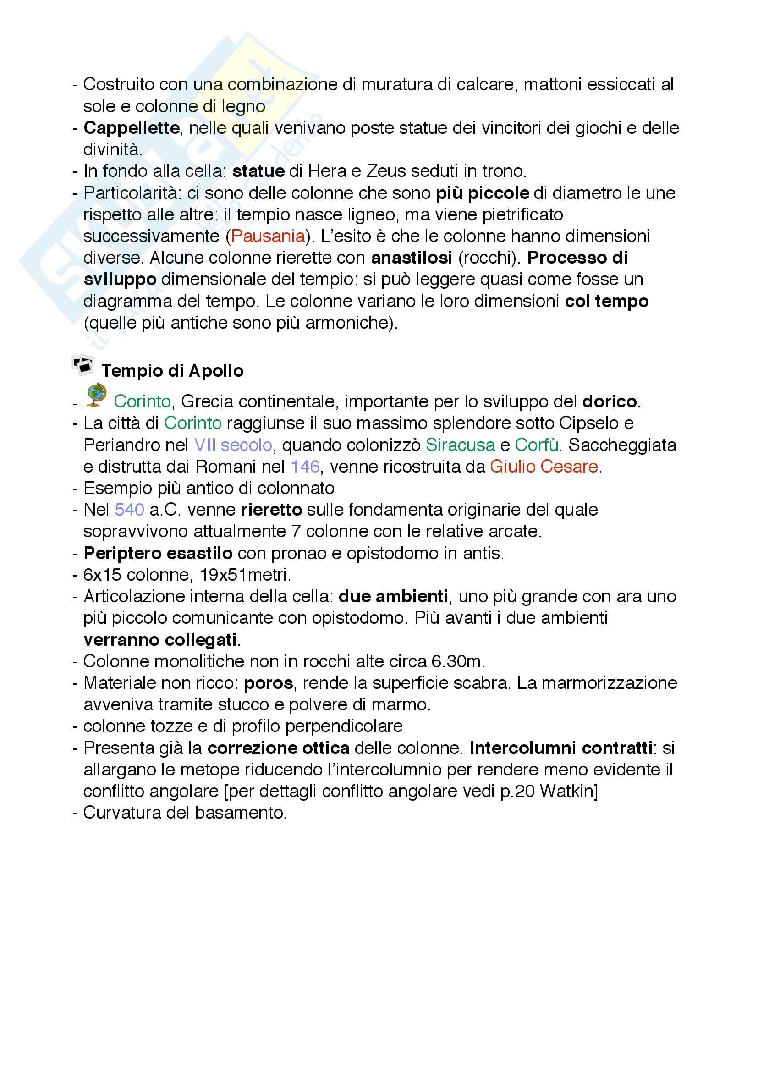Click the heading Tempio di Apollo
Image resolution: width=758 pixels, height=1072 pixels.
[x=172, y=371]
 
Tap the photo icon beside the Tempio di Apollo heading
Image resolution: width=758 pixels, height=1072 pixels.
[x=83, y=365]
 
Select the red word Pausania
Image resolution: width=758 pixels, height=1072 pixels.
[x=268, y=236]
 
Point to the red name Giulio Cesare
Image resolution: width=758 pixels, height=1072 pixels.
[x=544, y=467]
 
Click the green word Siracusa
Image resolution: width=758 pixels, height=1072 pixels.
[x=460, y=445]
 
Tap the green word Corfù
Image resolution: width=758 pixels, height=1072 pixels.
[x=536, y=445]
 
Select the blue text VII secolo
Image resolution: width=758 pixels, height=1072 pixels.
[x=233, y=445]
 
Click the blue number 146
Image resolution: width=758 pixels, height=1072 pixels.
[x=305, y=467]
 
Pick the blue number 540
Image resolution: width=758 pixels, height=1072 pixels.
[x=129, y=510]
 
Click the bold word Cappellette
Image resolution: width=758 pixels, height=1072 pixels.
[x=132, y=128]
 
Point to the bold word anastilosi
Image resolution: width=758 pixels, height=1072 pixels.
[x=412, y=258]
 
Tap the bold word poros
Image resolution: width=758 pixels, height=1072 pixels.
[x=269, y=683]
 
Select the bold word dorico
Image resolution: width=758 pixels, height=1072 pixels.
[x=610, y=401]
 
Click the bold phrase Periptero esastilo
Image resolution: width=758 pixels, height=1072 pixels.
[x=158, y=553]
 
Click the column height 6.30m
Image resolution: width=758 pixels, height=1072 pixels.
[x=456, y=662]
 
